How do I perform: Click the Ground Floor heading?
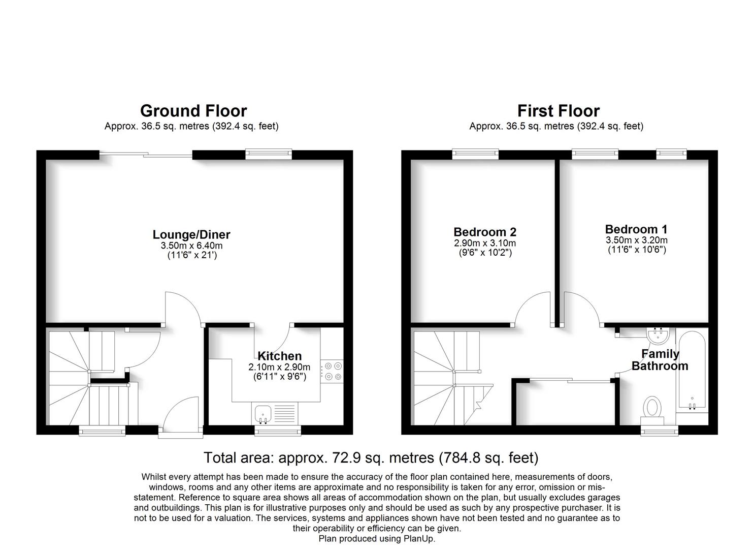(x=193, y=111)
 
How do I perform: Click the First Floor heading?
(x=558, y=111)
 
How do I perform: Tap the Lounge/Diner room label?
(x=191, y=234)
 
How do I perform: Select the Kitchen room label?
(x=279, y=356)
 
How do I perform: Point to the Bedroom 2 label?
(x=484, y=232)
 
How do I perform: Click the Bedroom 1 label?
(x=636, y=229)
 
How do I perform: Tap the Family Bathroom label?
(x=660, y=360)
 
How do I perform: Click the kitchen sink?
(x=263, y=413)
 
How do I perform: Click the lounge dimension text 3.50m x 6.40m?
(x=191, y=246)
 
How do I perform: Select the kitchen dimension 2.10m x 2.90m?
(x=279, y=367)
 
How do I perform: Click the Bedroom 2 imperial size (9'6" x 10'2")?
(x=484, y=252)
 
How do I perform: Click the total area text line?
(x=371, y=457)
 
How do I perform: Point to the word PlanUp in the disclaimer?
(x=419, y=539)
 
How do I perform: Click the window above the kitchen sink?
(x=277, y=431)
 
